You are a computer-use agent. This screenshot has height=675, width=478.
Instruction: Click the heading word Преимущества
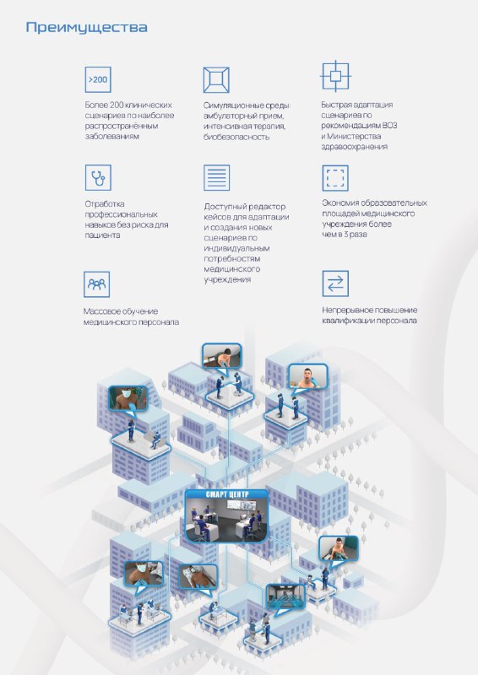[87, 28]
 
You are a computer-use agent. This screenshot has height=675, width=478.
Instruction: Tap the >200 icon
[98, 79]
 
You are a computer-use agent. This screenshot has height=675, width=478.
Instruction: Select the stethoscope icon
[98, 177]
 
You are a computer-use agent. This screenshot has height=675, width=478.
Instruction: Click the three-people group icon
[96, 284]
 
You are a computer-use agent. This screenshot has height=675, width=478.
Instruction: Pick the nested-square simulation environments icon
[216, 79]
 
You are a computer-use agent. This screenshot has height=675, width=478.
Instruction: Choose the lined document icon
[216, 177]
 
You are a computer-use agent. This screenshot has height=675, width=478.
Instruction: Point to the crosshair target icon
[335, 76]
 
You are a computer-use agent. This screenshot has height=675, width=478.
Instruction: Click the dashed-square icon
[335, 178]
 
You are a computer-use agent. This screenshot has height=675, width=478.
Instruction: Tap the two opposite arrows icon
[335, 283]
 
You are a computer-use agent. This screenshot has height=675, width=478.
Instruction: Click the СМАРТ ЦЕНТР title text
[227, 494]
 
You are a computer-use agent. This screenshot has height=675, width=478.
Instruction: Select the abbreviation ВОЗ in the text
[389, 126]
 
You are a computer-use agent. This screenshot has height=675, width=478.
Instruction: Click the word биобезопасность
[236, 138]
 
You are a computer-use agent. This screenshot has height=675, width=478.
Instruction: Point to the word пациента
[102, 235]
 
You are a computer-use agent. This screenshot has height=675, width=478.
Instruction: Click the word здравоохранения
[355, 147]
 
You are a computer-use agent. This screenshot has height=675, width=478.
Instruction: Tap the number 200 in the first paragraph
[117, 105]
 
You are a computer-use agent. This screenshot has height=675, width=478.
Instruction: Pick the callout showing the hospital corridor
[285, 597]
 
